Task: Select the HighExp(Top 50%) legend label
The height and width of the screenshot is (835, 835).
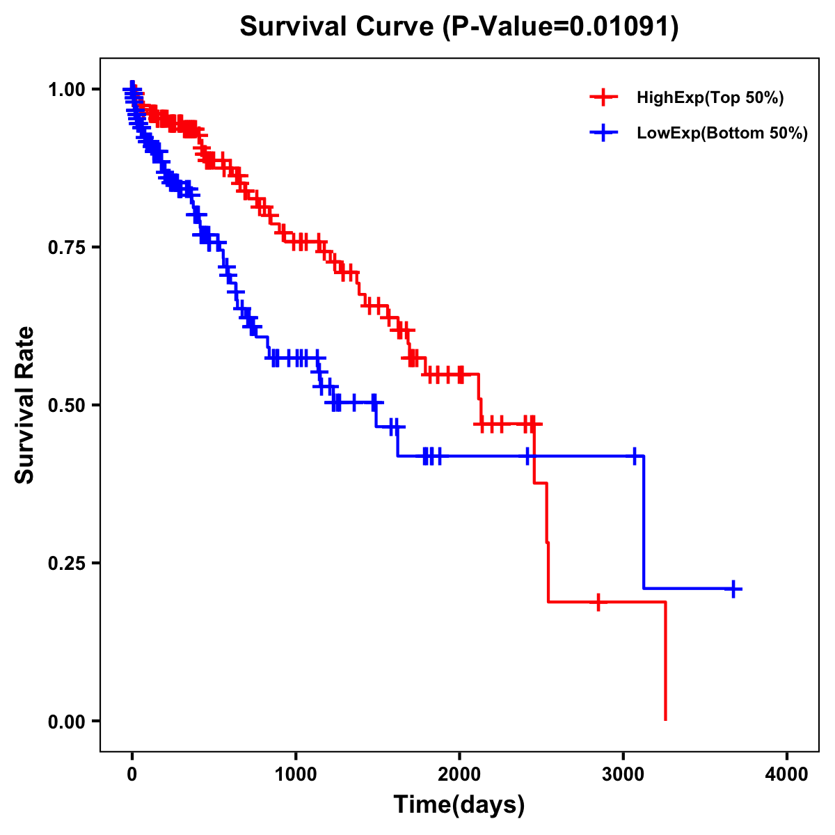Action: click(x=710, y=98)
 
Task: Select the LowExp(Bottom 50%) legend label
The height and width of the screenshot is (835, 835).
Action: click(x=722, y=134)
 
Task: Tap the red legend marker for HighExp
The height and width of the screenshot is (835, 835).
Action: click(x=603, y=98)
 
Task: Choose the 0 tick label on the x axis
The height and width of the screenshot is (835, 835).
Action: click(x=132, y=775)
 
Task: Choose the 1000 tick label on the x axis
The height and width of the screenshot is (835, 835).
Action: click(x=296, y=775)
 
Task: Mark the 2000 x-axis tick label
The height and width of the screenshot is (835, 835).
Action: click(x=459, y=775)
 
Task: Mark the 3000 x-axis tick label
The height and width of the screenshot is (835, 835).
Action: click(x=623, y=775)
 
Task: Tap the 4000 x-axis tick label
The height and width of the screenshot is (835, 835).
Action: click(x=787, y=775)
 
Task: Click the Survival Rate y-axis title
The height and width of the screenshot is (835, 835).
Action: click(x=25, y=405)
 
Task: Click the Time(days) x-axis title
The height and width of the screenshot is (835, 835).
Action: click(x=459, y=805)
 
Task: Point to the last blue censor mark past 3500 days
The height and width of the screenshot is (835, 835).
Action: click(x=733, y=589)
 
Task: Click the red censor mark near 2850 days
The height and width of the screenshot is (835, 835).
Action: click(x=598, y=602)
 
